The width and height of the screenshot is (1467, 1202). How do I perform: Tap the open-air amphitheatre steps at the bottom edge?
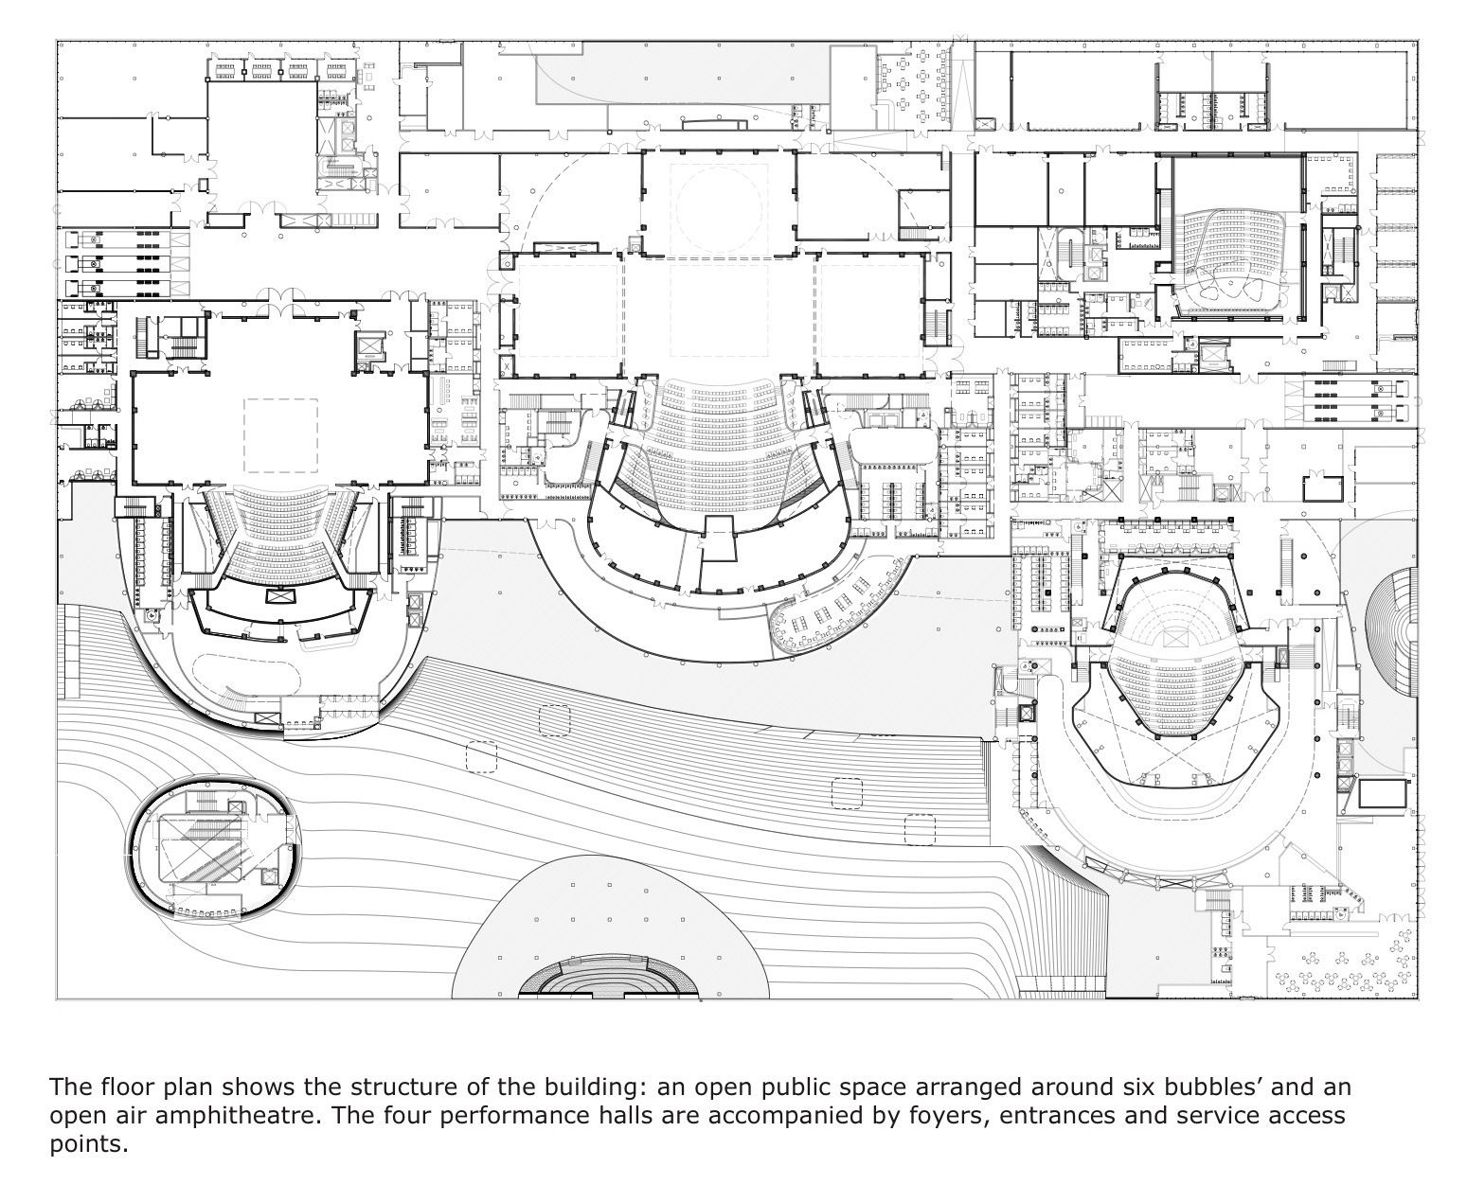click(x=609, y=979)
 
